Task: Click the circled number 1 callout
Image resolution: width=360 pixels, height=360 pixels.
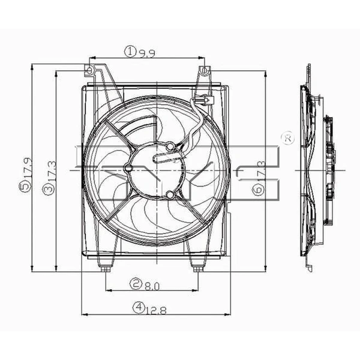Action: [130, 52]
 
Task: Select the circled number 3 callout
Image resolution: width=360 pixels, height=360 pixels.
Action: [47, 190]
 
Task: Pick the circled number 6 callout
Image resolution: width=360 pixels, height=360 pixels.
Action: [258, 190]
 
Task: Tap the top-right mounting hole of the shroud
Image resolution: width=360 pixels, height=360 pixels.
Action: [204, 71]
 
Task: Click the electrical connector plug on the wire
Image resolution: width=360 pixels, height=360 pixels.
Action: [203, 100]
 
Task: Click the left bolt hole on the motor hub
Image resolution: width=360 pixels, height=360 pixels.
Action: [130, 169]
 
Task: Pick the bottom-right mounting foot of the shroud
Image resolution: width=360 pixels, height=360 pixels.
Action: [196, 266]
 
